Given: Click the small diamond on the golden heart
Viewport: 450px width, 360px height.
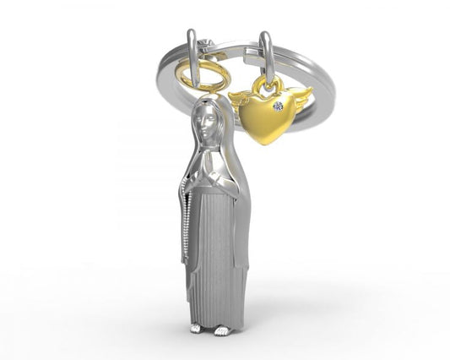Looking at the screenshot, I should click(x=279, y=106).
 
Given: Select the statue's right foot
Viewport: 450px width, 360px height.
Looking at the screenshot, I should click(x=222, y=329).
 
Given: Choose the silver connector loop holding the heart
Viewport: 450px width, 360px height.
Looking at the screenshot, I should click(x=267, y=59).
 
